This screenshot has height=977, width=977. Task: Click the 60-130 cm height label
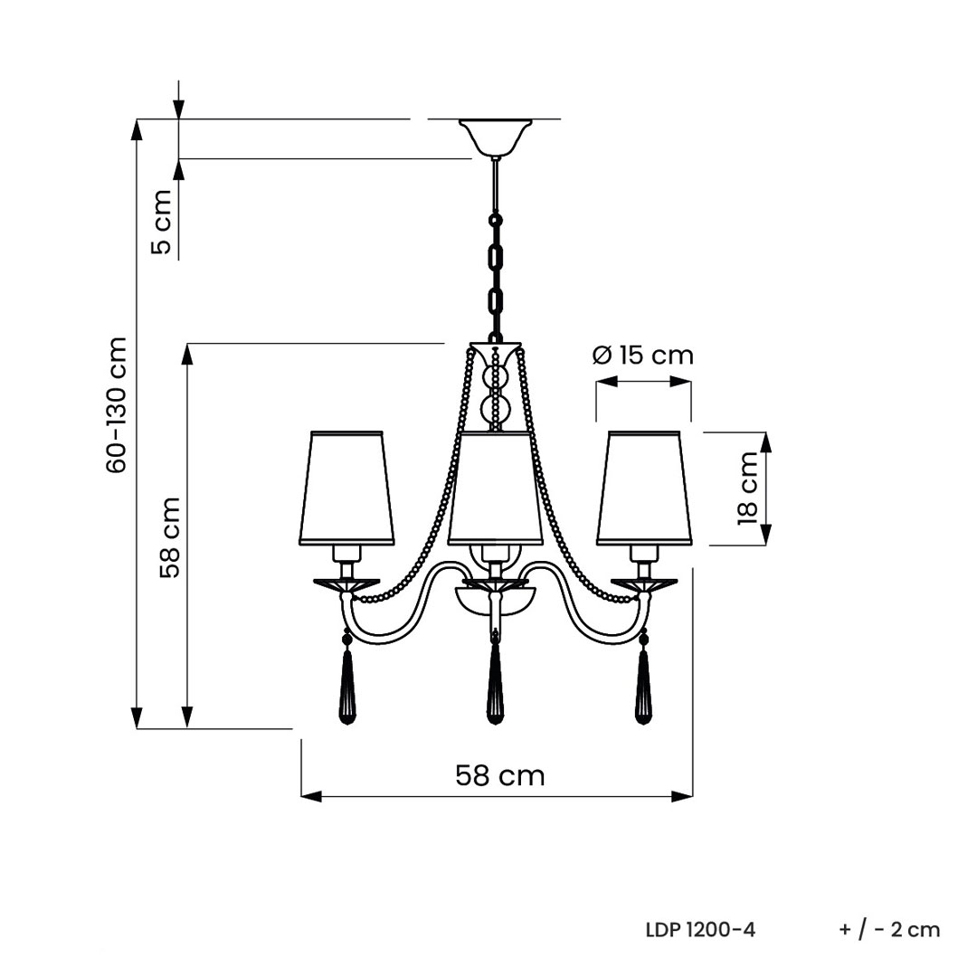pos(117,405)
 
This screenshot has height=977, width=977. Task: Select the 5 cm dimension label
pos(161,222)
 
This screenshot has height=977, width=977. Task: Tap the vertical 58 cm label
pos(169,537)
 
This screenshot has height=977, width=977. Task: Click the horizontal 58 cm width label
pos(500,776)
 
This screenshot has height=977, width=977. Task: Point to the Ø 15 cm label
pos(642,356)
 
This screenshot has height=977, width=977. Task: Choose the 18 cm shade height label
pos(747,488)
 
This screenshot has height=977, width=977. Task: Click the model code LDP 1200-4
pos(700,930)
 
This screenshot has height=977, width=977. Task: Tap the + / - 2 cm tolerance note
pos(890,930)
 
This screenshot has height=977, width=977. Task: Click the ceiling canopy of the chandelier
pos(496,138)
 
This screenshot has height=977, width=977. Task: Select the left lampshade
pos(347,488)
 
